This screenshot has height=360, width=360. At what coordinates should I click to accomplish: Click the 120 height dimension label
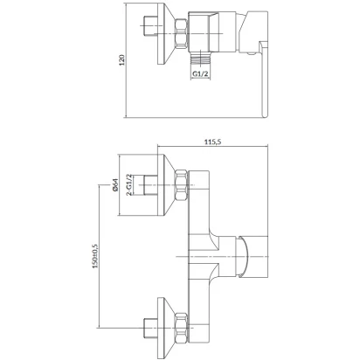pos(122,59)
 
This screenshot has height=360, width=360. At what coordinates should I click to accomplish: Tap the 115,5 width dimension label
pos(213,142)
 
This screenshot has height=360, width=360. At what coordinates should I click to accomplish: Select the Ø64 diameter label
pos(114,184)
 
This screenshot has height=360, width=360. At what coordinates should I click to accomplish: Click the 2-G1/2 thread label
pos(128,184)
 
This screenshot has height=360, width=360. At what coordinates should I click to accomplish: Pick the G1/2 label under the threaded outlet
pos(200,74)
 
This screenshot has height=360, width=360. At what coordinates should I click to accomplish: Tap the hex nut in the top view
pos(182,33)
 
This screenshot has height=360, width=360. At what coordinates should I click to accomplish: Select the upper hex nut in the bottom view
pos(182,185)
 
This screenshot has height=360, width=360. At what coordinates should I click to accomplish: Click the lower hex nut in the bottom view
pos(182,328)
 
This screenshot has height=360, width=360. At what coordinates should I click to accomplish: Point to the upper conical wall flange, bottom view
pos(166,185)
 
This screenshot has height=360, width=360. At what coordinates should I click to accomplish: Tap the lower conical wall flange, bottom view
pos(166,328)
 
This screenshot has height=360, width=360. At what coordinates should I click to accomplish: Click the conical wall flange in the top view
pos(166,34)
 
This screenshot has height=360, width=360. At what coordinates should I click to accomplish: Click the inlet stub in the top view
pos(150,26)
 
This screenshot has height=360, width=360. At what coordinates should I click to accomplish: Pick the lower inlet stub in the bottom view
pos(150,328)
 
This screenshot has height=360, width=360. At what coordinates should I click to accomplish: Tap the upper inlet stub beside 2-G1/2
pos(150,185)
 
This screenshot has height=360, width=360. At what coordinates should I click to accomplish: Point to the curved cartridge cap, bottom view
pos(242,256)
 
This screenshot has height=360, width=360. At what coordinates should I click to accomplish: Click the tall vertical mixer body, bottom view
pos(199,256)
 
